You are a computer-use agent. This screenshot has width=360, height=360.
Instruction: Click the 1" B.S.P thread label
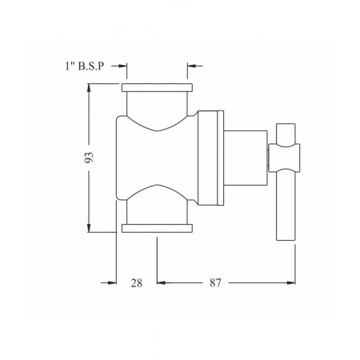(85, 66)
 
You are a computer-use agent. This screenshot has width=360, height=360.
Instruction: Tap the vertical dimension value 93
(89, 158)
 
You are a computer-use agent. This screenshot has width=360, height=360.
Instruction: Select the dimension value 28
(137, 283)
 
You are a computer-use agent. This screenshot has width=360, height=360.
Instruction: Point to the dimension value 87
(215, 282)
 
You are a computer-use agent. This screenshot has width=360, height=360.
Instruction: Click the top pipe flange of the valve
(157, 88)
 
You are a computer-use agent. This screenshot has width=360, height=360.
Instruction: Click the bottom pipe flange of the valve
(157, 228)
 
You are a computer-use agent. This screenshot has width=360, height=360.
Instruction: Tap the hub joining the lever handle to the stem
(284, 157)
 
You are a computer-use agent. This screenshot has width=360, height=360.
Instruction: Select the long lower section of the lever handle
(286, 205)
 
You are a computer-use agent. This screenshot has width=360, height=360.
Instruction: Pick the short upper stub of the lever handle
(286, 134)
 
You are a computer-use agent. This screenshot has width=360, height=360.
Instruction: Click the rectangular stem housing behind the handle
(246, 158)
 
